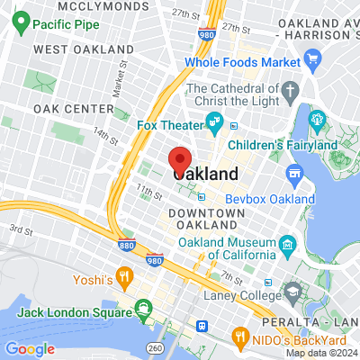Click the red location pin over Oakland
[x=180, y=159]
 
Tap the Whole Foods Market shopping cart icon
[x=313, y=61]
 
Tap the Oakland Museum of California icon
[x=286, y=244]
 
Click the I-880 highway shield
[x=127, y=245]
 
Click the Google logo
[x=30, y=348]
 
